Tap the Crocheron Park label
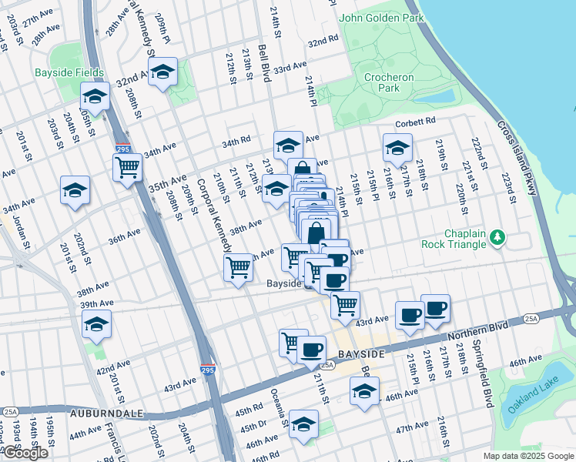point(389,82)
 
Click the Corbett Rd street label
point(416,121)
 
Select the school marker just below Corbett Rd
point(397,148)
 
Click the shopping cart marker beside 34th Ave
point(127,167)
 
